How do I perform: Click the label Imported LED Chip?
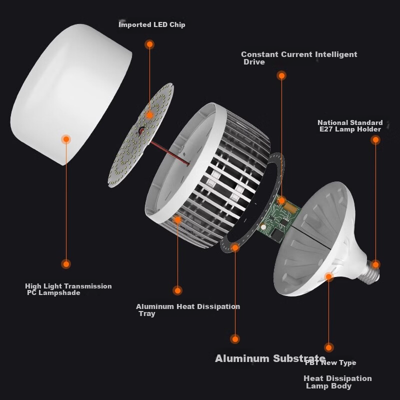tap(152, 24)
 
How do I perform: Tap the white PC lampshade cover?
tap(71, 94)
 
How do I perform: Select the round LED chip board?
tap(141, 135)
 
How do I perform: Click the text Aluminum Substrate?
tap(270, 358)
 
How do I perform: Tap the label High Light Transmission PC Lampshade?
tap(68, 289)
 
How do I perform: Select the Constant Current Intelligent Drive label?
tap(299, 58)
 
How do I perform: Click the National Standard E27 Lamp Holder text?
tap(350, 126)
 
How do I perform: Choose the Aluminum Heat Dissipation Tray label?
tap(188, 309)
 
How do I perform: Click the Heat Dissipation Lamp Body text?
tap(337, 381)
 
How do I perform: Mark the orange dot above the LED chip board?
tap(149, 44)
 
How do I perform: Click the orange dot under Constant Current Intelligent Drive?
tap(281, 75)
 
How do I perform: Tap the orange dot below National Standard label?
tap(375, 139)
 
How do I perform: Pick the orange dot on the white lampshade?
tap(66, 139)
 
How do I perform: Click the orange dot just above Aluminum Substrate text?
tap(235, 339)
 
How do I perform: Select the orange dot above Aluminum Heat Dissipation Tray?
tap(177, 290)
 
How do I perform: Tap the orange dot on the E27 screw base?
tap(375, 264)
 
